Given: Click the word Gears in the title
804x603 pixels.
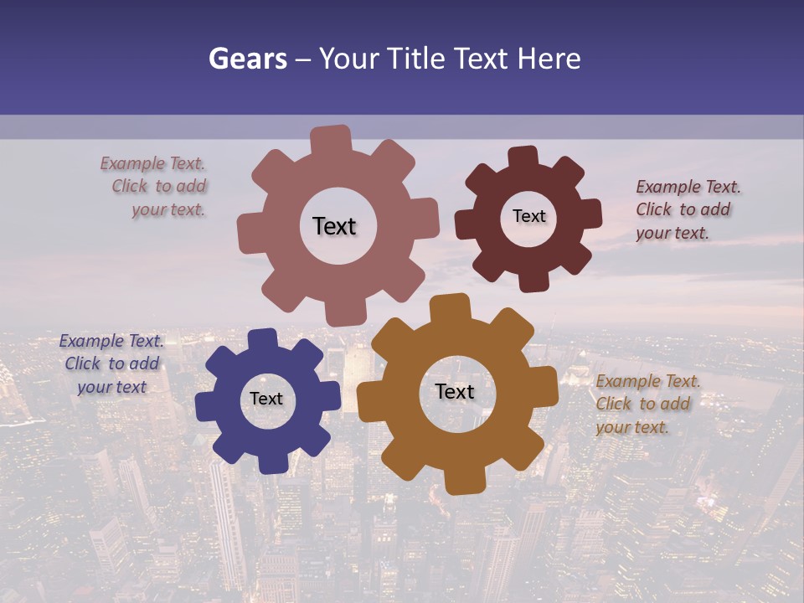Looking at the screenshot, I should tap(248, 59).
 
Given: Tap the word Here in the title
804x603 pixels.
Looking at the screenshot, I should tap(549, 59).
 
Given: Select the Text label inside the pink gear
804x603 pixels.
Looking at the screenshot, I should tap(334, 226).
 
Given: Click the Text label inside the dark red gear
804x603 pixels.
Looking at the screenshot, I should tap(528, 216).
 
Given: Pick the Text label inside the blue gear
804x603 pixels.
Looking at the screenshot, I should tap(266, 399).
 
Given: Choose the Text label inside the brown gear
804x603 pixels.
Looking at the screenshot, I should tap(455, 391).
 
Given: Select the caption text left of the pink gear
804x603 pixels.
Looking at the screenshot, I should tap(156, 187).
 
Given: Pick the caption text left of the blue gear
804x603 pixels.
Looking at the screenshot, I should tap(112, 363).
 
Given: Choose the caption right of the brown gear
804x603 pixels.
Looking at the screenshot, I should tap(647, 404).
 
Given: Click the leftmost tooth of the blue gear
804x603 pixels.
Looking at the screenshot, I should tap(206, 406).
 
